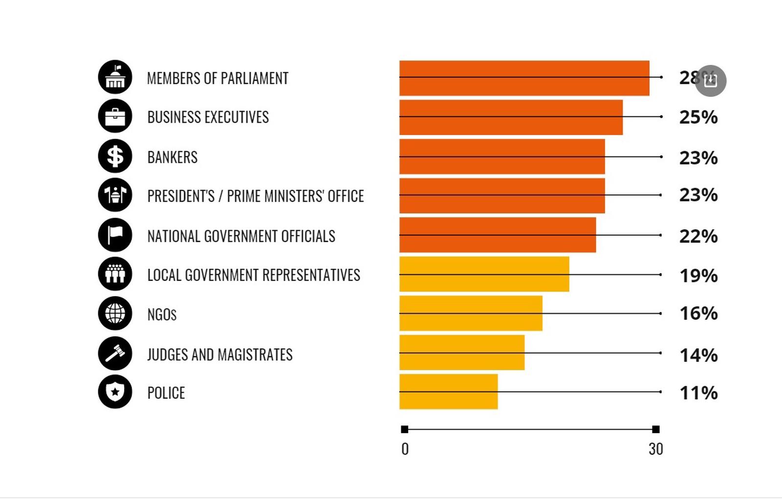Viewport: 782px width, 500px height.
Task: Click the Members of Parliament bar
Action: tap(524, 78)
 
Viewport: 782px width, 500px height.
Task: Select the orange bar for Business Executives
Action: tap(511, 117)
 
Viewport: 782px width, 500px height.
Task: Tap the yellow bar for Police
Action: tap(448, 391)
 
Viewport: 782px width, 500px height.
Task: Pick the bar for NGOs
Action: tap(471, 313)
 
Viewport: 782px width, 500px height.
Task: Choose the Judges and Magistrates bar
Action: tap(462, 352)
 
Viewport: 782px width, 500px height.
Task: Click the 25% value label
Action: tap(698, 117)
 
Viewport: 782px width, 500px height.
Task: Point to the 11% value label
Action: tap(698, 392)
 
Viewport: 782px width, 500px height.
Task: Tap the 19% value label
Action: tap(698, 276)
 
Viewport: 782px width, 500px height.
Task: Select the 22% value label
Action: tap(698, 237)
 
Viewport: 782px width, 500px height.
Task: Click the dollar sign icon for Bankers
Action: tap(115, 156)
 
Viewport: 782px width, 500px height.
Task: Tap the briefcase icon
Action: tap(115, 116)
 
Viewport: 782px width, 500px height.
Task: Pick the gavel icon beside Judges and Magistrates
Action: tap(115, 353)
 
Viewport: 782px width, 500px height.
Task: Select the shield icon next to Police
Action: tap(115, 391)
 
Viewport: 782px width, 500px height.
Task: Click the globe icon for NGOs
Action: tap(115, 313)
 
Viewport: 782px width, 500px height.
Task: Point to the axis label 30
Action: tap(655, 449)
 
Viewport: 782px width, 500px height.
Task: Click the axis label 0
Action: tap(405, 449)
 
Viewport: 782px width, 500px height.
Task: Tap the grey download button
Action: tap(711, 81)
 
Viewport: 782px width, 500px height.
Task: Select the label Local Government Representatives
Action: tap(254, 275)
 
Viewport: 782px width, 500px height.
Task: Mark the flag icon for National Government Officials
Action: tap(115, 235)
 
